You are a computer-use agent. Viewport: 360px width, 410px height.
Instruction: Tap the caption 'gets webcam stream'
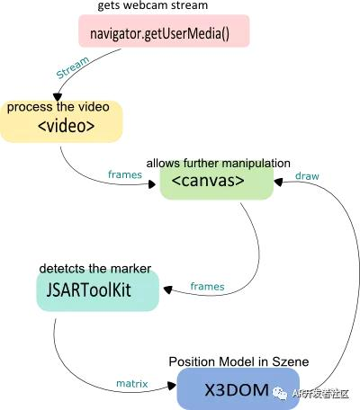pos(148,8)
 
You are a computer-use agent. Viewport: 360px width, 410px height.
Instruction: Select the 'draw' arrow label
pos(308,174)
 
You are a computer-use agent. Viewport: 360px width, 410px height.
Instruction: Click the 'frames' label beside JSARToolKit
pos(208,286)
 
